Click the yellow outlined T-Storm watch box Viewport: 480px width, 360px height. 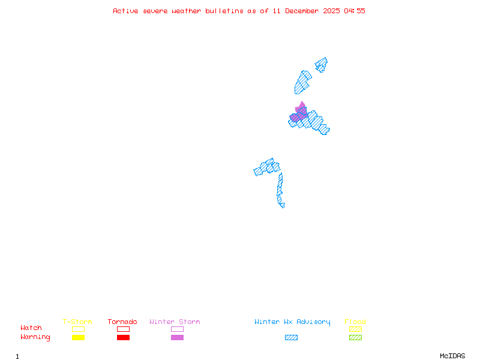click(78, 329)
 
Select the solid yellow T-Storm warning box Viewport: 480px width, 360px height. click(78, 337)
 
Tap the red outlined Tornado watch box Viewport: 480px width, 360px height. click(123, 329)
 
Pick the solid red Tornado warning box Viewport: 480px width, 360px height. click(123, 337)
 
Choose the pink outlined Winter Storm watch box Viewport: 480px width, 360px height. click(177, 329)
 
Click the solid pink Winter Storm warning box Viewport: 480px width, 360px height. click(177, 337)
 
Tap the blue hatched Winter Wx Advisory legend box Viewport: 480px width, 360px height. click(291, 337)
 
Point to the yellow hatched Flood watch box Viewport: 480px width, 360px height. click(355, 329)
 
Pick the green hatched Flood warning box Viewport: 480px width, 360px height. click(355, 337)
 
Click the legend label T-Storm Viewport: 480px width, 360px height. click(77, 322)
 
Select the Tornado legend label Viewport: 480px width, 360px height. click(122, 322)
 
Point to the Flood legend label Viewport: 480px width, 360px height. click(355, 322)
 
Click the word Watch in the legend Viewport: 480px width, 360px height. click(31, 328)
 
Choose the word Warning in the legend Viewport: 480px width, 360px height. click(35, 337)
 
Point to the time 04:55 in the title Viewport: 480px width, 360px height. click(353, 11)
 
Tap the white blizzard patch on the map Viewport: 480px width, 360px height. click(286, 205)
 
